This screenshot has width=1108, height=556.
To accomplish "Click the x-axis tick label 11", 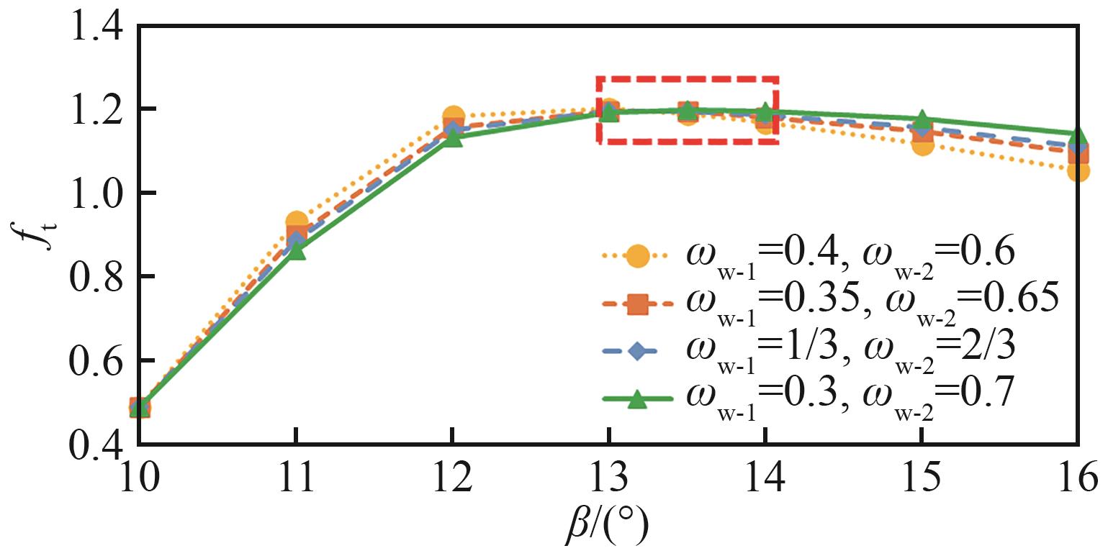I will pos(295,477).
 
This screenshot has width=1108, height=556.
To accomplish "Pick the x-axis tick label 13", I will pos(608,477).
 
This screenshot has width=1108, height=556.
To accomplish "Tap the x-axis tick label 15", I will pos(922,477).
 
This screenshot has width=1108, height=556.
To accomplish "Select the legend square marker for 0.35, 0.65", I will pos(636,304).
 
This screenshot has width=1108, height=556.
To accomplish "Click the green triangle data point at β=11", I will pos(296,251).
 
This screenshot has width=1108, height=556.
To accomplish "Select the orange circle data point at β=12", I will pos(453,117).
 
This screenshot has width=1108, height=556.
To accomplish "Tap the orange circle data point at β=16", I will pos(1078,171).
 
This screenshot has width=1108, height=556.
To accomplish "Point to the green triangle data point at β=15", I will pos(922,119).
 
